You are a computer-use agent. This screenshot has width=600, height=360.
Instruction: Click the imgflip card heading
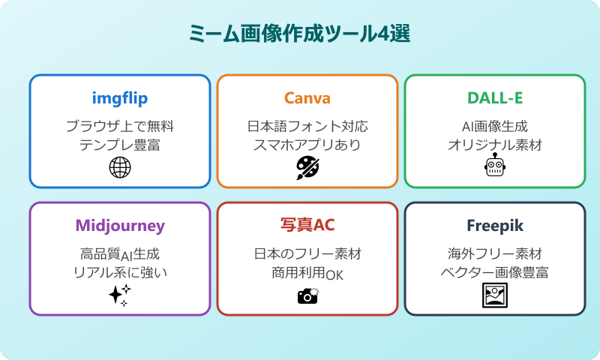point(120,98)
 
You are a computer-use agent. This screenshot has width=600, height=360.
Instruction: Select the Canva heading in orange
point(307,98)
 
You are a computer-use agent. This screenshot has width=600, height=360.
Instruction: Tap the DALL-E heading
point(495,98)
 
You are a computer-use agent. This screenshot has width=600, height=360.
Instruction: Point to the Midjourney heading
point(120,226)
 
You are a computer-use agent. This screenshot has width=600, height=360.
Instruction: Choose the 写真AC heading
point(307,226)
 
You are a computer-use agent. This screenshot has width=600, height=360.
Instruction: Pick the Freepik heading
point(495,226)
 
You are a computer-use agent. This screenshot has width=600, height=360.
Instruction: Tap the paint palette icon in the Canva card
point(307,168)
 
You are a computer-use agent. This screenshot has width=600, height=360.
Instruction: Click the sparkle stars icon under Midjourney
point(120,295)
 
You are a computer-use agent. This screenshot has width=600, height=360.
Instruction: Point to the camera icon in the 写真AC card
point(308,295)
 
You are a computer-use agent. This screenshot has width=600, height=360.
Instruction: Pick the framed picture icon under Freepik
point(495,295)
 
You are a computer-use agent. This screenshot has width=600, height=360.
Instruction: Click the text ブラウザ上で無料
point(120,126)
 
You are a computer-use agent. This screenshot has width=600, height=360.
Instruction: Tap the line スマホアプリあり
point(307,145)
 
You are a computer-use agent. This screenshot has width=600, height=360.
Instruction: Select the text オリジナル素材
point(495,145)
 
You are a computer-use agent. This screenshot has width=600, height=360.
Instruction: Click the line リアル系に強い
point(120,273)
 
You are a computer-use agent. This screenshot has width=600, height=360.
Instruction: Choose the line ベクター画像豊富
point(495,273)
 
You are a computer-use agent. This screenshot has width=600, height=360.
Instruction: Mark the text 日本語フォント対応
point(307,126)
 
